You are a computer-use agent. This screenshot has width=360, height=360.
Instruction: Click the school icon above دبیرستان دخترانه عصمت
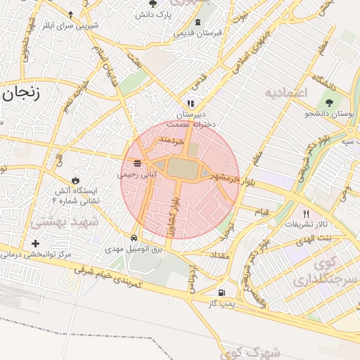click(191, 103)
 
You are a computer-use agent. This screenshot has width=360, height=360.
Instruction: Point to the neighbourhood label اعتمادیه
click(286, 93)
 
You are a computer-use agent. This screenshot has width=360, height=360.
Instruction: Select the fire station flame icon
click(75, 180)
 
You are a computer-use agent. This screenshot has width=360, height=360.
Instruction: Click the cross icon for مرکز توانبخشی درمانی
click(36, 243)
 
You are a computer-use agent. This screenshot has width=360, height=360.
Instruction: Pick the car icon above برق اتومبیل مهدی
click(134, 238)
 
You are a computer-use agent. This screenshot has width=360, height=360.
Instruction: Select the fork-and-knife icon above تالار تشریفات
click(305, 213)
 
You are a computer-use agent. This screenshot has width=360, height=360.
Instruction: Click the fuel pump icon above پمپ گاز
click(222, 292)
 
